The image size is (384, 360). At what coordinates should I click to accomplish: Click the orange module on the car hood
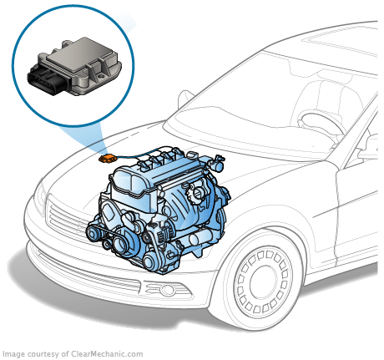(107, 158)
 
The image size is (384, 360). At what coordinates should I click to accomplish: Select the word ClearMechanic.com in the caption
(107, 354)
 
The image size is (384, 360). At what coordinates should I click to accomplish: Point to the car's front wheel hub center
(263, 282)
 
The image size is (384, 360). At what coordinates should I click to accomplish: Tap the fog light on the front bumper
(168, 290)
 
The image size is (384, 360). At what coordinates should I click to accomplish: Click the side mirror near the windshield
(185, 98)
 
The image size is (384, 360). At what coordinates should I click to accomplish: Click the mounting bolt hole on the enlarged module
(99, 76)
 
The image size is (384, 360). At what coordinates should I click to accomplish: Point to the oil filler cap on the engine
(198, 193)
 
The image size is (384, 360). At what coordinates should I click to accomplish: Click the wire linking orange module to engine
(134, 155)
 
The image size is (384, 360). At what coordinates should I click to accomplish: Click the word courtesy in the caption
(43, 354)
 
